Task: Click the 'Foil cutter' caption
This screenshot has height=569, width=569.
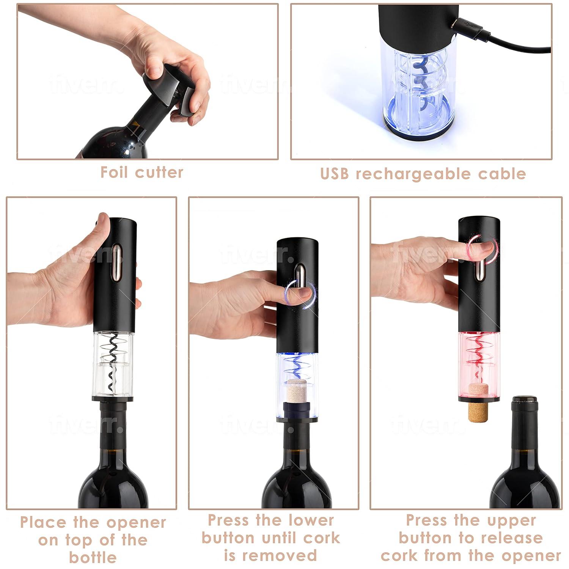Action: (x=142, y=172)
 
